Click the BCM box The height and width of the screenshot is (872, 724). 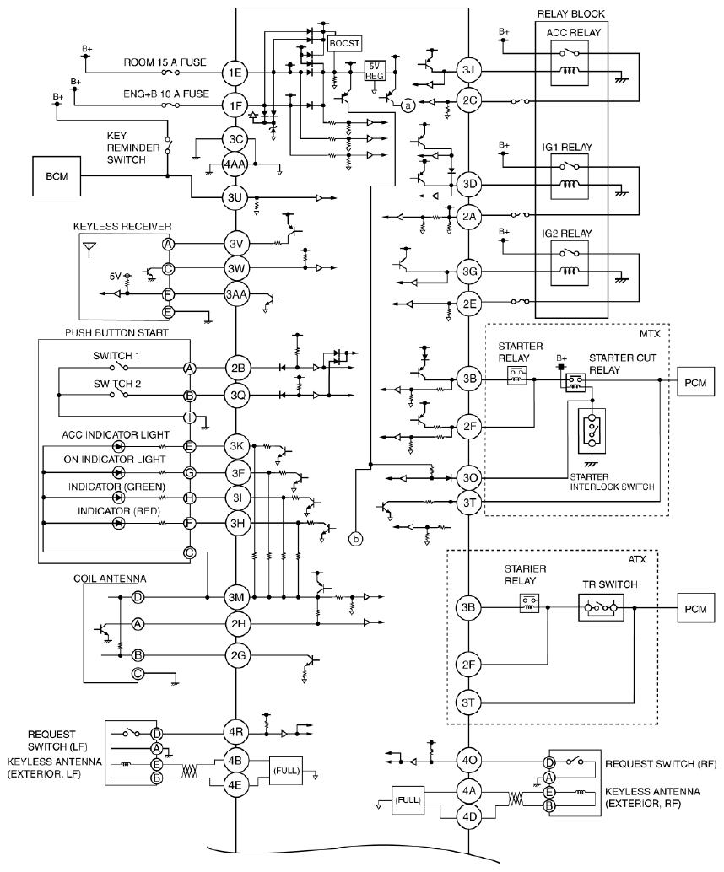point(57,176)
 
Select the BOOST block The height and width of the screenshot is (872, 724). point(344,43)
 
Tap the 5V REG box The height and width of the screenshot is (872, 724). point(374,70)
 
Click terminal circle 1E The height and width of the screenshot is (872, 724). point(235,73)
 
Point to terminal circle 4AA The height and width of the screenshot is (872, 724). point(236,164)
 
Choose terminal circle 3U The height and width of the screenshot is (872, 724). point(236,197)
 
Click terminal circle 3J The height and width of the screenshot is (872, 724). point(468,70)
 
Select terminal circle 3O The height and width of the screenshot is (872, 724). point(469,477)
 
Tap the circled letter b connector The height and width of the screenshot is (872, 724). point(355,538)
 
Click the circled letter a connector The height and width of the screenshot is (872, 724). point(408,105)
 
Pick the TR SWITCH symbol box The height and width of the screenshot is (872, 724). point(601,608)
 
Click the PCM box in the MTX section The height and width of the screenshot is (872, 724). point(695,383)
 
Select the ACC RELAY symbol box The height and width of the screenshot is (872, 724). point(569,63)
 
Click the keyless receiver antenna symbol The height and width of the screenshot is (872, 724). point(88,249)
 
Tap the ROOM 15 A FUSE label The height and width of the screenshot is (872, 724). point(165,63)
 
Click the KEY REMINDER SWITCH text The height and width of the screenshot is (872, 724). point(126,148)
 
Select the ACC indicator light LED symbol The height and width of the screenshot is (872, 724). point(118,447)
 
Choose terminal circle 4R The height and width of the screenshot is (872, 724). point(235,732)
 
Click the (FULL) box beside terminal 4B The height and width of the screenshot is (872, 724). point(286,771)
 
